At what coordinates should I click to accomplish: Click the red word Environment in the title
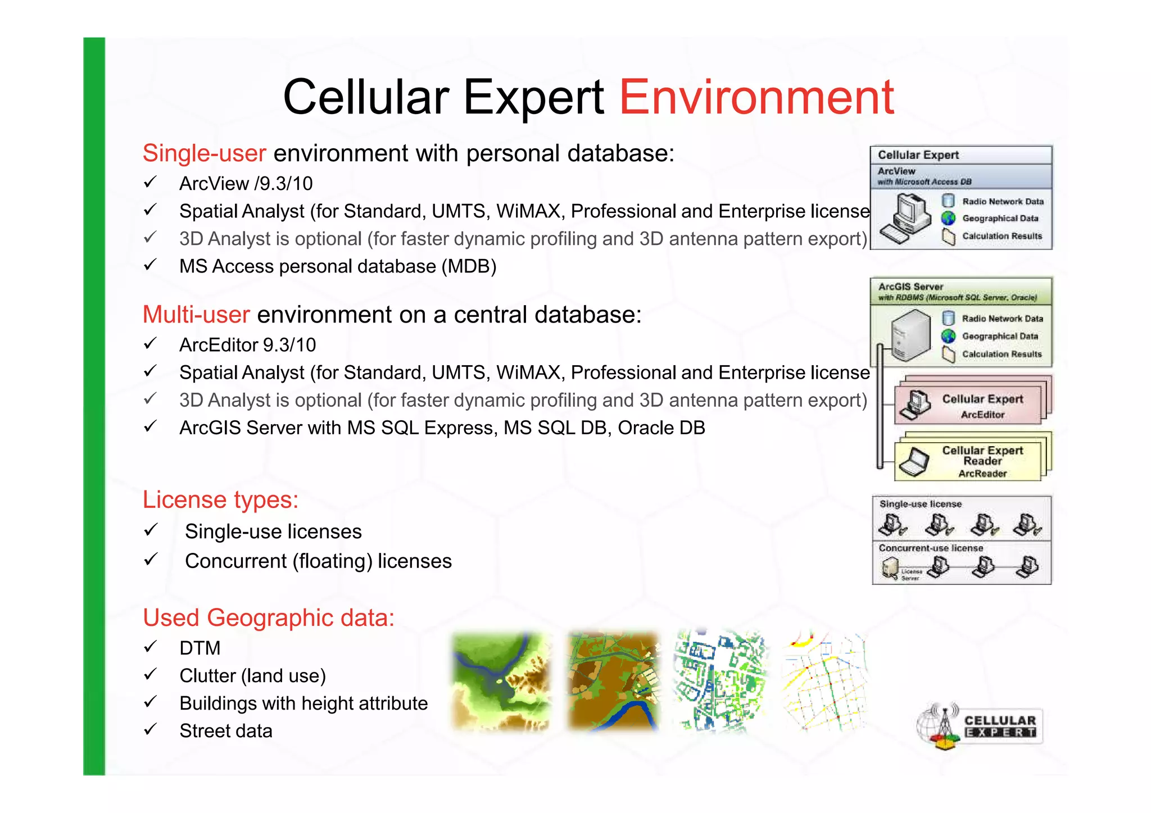pos(756,97)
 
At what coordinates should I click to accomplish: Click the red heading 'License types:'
pos(220,499)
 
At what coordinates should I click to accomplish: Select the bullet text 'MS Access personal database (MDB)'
pos(338,266)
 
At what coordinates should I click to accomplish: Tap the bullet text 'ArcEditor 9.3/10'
pos(247,344)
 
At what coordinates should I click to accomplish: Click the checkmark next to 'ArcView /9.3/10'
pos(149,183)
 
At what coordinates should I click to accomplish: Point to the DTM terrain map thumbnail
pos(501,681)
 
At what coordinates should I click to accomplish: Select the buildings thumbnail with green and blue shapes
pos(720,681)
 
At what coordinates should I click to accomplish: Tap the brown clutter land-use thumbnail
pos(613,681)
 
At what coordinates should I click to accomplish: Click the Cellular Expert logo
pos(980,725)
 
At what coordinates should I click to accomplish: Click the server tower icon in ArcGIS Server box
pos(910,335)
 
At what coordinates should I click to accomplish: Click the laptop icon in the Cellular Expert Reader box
pos(914,462)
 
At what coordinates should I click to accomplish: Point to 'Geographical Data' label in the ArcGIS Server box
pos(1000,336)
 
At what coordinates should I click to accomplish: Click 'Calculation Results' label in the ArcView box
pos(1002,236)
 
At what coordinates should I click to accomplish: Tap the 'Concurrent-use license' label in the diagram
pos(931,548)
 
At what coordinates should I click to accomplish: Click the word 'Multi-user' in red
pos(196,315)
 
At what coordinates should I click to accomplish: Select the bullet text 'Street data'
pos(226,730)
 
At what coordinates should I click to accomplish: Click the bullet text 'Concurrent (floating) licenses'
pos(318,561)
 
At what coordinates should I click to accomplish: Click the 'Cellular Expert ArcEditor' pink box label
pos(982,406)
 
